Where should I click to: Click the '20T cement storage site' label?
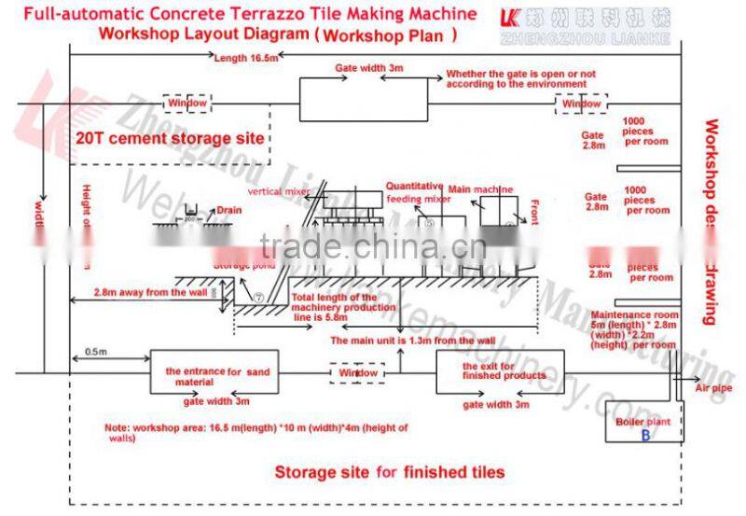coord(169,139)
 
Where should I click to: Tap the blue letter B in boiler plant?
coord(644,435)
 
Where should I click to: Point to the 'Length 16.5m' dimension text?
coord(245,58)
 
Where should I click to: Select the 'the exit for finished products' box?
coord(500,371)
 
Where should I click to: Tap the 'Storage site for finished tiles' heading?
coord(389,472)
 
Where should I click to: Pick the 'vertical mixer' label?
coord(280,191)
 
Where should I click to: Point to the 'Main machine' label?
coord(480,189)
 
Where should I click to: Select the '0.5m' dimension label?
coord(95,351)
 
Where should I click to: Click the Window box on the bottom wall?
coord(356,373)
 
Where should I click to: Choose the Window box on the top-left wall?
coord(186,103)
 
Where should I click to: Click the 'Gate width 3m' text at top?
coord(369,69)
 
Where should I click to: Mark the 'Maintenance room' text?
coord(634,314)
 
